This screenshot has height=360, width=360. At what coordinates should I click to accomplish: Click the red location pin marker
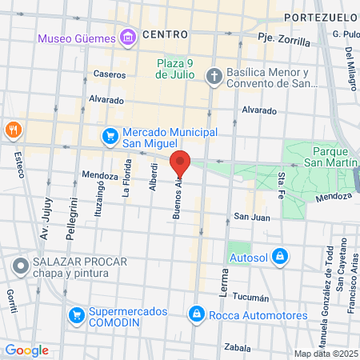(181, 164)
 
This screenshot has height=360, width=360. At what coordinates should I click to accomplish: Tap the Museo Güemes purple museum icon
(127, 36)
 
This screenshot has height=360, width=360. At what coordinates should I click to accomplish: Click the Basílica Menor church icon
(214, 78)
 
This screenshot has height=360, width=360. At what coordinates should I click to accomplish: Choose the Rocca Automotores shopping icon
(196, 314)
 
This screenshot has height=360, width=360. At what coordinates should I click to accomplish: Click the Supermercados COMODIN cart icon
(76, 315)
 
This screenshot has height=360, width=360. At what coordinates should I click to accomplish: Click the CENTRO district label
(166, 34)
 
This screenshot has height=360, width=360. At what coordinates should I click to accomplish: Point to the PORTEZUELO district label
(317, 17)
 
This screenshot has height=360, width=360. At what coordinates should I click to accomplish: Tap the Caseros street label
(110, 74)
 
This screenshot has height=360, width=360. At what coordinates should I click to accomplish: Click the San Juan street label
(251, 217)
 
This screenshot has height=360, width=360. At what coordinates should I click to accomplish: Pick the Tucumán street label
(251, 298)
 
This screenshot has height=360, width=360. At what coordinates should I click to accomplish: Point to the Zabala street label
(238, 348)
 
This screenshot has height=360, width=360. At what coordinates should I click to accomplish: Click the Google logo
(26, 350)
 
